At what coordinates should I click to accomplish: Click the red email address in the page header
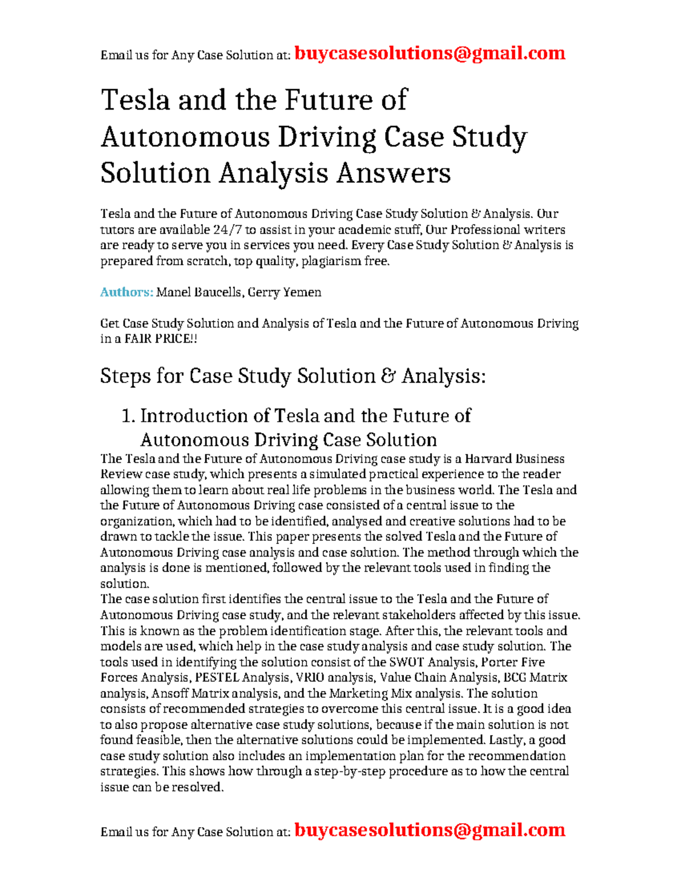pos(430,53)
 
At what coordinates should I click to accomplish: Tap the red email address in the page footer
pos(430,830)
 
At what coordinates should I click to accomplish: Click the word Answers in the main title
pos(393,173)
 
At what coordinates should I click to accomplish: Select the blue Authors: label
pos(127,292)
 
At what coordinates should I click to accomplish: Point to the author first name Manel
pos(174,292)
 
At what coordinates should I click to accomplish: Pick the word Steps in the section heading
pos(125,376)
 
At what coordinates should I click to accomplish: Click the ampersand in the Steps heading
pos(389,376)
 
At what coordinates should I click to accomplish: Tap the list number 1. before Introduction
pos(128,416)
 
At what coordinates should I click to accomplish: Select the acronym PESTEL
pos(217,677)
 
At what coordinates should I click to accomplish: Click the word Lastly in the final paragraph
pos(506,740)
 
